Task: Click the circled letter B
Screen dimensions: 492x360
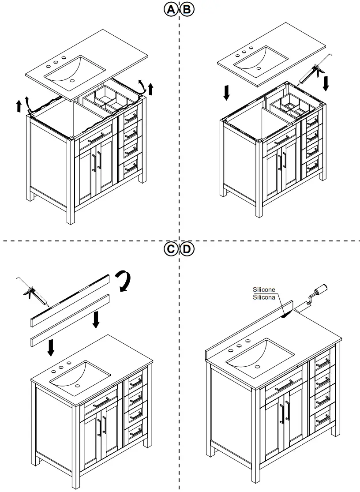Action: tap(187, 9)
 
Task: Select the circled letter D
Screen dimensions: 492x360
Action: tap(187, 249)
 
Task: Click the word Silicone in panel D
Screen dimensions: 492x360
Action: tap(264, 289)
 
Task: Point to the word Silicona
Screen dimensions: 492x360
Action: tap(264, 297)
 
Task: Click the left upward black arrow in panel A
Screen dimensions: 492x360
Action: tap(19, 105)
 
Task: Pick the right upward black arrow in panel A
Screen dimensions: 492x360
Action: tap(150, 88)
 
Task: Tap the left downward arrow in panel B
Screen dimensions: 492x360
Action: tap(226, 92)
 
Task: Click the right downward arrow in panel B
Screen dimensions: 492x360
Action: tap(326, 83)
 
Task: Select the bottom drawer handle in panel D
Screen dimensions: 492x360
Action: tap(323, 420)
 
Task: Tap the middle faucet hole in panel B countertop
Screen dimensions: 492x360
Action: tap(244, 50)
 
